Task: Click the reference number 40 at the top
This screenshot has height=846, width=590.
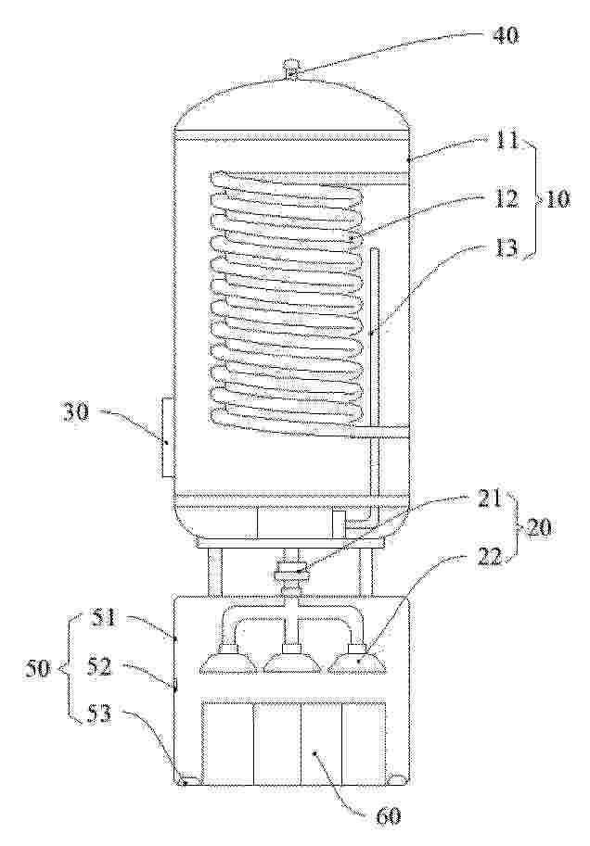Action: point(505,36)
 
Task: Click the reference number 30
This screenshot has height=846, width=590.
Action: point(77,416)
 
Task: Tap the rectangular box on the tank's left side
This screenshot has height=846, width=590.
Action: point(166,437)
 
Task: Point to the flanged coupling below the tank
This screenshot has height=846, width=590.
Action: point(292,573)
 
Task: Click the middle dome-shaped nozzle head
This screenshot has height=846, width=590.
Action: point(292,660)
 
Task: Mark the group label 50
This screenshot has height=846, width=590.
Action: point(37,668)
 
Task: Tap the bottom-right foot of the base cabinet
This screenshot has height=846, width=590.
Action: point(398,778)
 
